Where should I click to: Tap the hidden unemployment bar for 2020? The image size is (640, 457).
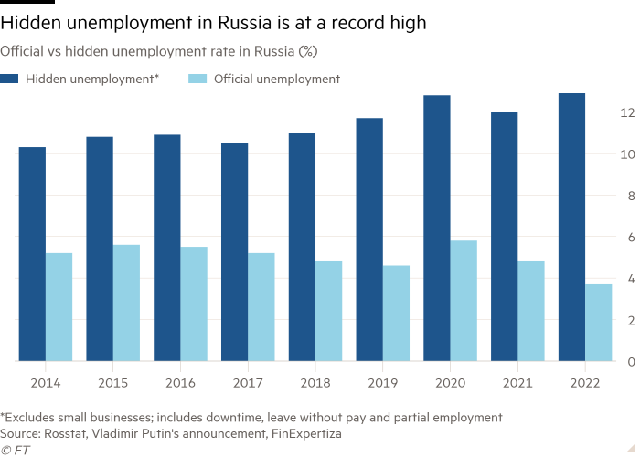(x=437, y=228)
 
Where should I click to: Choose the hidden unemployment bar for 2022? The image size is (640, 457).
(x=571, y=228)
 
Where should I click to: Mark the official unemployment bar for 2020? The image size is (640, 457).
(x=464, y=301)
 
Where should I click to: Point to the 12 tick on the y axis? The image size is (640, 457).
(x=628, y=112)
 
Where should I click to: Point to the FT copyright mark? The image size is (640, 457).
(x=14, y=450)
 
